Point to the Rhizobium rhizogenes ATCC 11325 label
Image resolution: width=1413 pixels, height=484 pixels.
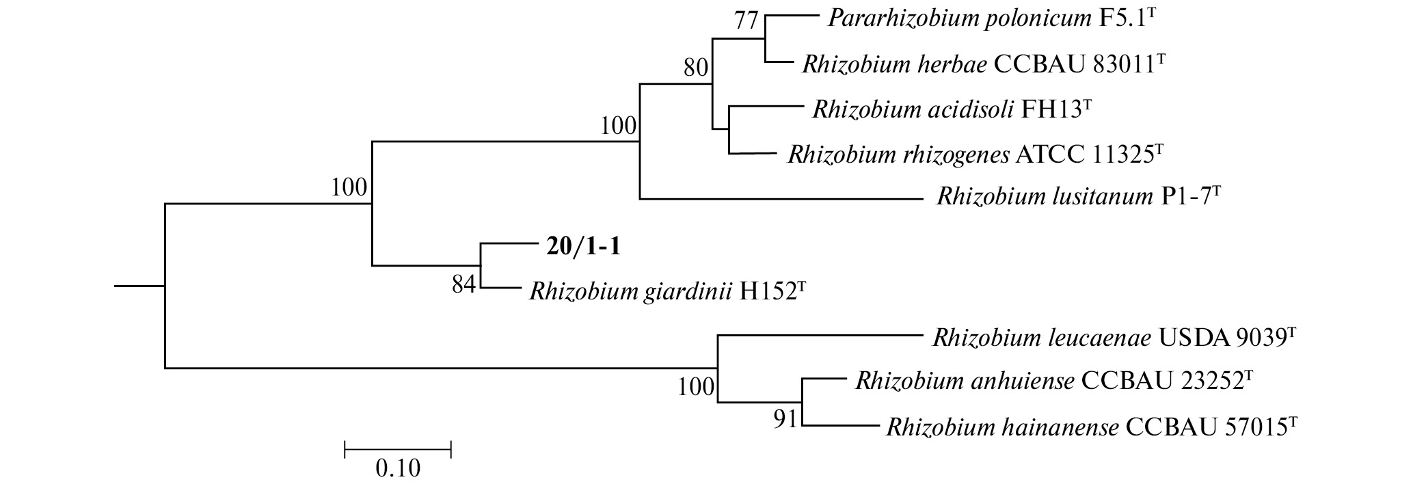pyautogui.click(x=975, y=154)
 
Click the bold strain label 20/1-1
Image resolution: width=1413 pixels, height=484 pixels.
pyautogui.click(x=583, y=247)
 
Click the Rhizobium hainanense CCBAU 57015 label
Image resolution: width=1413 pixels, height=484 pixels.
pyautogui.click(x=1091, y=428)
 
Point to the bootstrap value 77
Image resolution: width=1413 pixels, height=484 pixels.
pyautogui.click(x=746, y=21)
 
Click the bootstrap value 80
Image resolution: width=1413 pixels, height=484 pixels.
pyautogui.click(x=695, y=68)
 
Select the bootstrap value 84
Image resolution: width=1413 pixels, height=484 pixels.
pyautogui.click(x=463, y=284)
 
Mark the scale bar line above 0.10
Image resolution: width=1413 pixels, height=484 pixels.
pyautogui.click(x=398, y=449)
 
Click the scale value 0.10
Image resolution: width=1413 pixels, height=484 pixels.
pyautogui.click(x=398, y=469)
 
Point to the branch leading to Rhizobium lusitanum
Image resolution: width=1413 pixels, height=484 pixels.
pyautogui.click(x=779, y=199)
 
